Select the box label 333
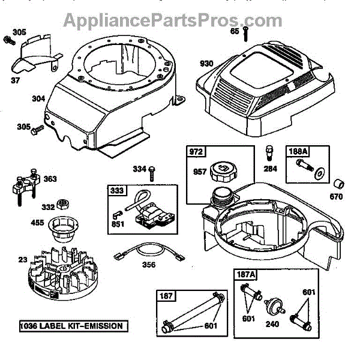(118, 191)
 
